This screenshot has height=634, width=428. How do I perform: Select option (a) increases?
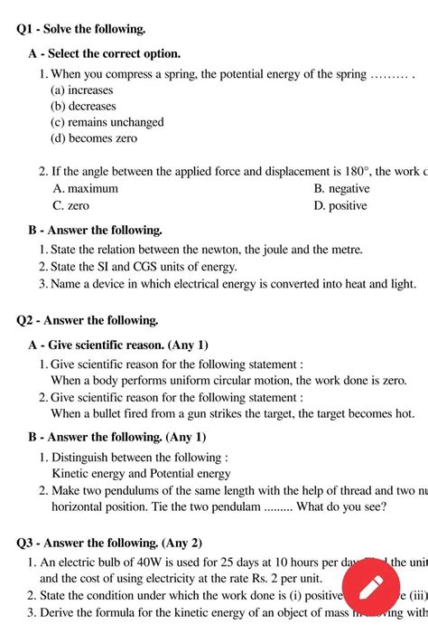82,90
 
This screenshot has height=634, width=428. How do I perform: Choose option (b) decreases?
83,107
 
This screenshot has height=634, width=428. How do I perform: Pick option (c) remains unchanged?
107,122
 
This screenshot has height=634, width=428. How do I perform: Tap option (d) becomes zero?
94,138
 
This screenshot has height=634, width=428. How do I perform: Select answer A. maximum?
86,189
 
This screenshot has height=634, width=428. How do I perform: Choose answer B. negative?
341,189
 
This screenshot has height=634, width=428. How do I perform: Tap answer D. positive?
340,205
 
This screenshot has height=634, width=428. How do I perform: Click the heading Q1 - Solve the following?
81,30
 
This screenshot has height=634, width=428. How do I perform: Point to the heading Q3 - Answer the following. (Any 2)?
109,544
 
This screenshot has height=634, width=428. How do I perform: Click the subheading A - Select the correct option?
105,54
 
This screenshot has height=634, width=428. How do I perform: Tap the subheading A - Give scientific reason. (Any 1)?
118,345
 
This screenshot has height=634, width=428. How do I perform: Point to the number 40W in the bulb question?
144,562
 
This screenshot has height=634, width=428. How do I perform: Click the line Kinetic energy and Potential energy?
142,474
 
